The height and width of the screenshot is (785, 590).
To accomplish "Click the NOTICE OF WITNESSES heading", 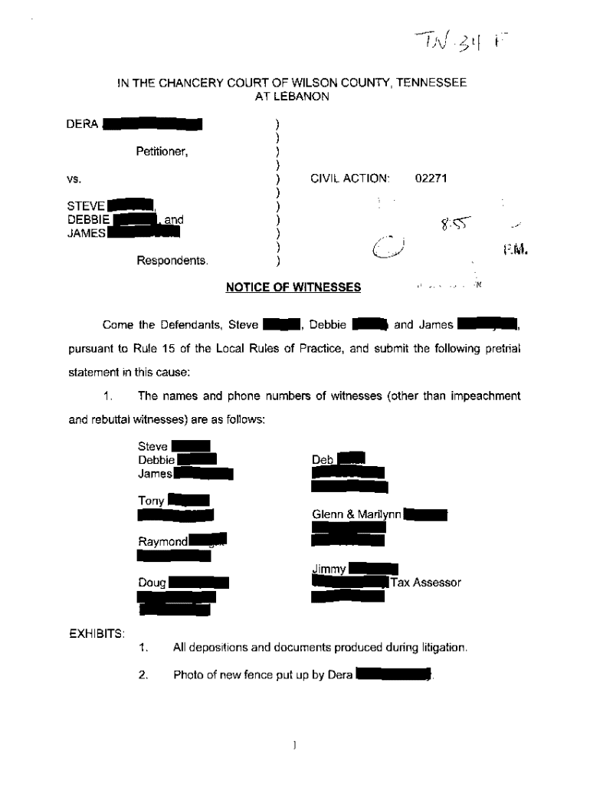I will coord(293,287).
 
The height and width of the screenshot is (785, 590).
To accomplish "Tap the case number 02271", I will coord(431,179).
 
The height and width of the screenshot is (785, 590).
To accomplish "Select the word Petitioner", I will coord(162,151).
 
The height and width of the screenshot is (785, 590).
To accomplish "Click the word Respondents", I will coord(172,261).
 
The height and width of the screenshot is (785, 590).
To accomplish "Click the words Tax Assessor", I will coord(427,583).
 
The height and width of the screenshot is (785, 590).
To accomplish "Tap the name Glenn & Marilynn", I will coord(356,514).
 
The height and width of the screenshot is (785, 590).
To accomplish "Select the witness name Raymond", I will coord(162,541).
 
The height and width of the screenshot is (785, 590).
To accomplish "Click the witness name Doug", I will coord(152,583).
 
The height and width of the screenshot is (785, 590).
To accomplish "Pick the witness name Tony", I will coord(151,501).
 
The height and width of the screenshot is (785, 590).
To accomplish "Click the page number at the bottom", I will coord(295,744).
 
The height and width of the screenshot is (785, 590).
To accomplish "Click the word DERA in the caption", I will coord(82,124).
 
